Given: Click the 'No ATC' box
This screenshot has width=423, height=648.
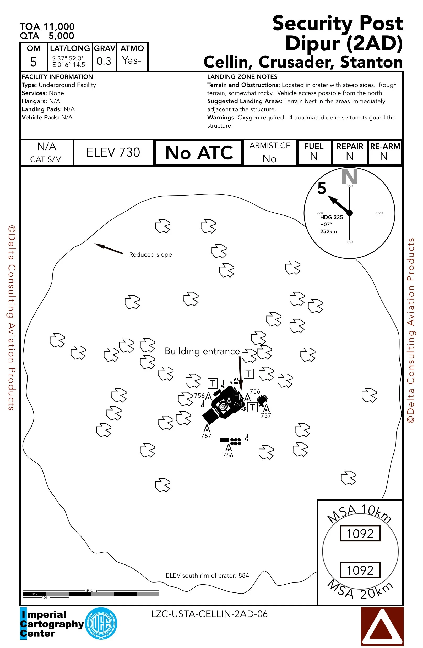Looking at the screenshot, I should click(x=199, y=152).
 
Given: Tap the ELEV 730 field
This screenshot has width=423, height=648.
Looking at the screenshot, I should click(x=113, y=152).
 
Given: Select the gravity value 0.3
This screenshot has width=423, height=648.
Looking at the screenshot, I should click(x=104, y=61).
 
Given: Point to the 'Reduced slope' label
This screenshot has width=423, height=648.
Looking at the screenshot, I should click(x=150, y=254).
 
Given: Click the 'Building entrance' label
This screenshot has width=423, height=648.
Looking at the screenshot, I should click(x=202, y=351).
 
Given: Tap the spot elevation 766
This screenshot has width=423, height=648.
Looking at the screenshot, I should click(x=228, y=455).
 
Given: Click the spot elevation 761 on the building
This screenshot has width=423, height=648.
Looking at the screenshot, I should click(x=238, y=404).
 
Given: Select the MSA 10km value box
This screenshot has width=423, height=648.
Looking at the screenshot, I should click(x=360, y=533).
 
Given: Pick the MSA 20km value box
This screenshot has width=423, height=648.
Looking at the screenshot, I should click(x=360, y=570).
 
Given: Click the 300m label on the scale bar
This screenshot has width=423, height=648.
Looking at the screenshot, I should click(x=91, y=590).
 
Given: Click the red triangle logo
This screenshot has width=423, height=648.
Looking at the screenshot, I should click(x=382, y=626).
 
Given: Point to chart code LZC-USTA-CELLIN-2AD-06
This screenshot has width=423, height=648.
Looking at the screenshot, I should click(x=209, y=614).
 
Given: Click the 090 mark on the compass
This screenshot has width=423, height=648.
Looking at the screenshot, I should click(x=379, y=213).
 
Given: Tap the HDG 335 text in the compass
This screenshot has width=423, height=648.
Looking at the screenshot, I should click(x=332, y=217).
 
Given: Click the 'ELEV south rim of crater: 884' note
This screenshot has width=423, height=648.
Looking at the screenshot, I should click(x=207, y=575).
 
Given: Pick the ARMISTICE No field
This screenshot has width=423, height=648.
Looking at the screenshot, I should click(x=270, y=152).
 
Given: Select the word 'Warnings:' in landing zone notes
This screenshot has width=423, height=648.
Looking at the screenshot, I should click(x=221, y=117).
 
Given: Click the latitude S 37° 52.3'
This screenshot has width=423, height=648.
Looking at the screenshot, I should click(x=68, y=58).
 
